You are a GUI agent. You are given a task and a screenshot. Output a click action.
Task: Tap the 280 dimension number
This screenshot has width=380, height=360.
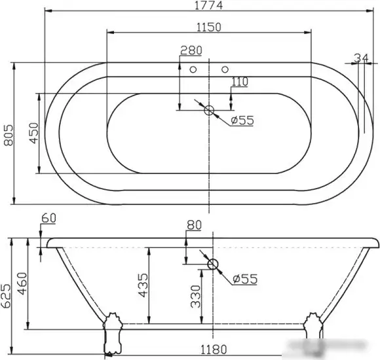[191, 50]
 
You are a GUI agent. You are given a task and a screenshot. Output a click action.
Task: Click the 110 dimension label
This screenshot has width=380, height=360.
[240, 82]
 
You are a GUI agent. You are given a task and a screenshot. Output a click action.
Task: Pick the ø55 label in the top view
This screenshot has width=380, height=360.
[242, 120]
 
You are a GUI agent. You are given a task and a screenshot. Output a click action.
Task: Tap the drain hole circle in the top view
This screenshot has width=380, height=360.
[210, 110]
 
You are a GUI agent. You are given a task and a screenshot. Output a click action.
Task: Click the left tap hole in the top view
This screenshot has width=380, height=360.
[193, 69]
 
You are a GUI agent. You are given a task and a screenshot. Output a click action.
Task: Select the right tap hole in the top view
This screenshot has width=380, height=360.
[225, 69]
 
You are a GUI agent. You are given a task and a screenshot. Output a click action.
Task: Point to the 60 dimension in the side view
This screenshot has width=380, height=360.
[48, 218]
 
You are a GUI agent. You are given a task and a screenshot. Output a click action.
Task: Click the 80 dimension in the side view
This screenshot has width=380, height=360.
[194, 226]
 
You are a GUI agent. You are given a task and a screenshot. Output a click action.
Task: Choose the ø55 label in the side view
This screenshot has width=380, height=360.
[244, 279]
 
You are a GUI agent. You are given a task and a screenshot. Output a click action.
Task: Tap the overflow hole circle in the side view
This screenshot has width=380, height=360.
[212, 265]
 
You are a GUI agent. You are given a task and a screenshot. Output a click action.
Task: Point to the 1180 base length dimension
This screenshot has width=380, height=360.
[212, 350]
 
